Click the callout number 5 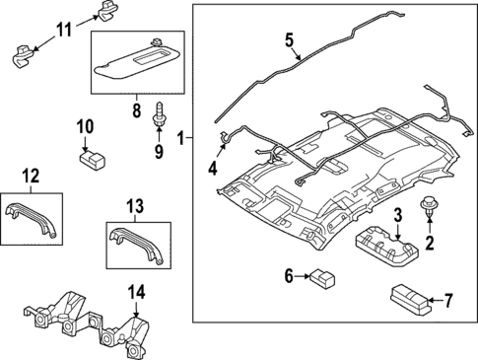point(290,40)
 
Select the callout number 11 point(62,31)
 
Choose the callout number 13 point(135,206)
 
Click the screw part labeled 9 point(158,115)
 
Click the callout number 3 point(398,216)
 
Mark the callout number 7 point(447,299)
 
